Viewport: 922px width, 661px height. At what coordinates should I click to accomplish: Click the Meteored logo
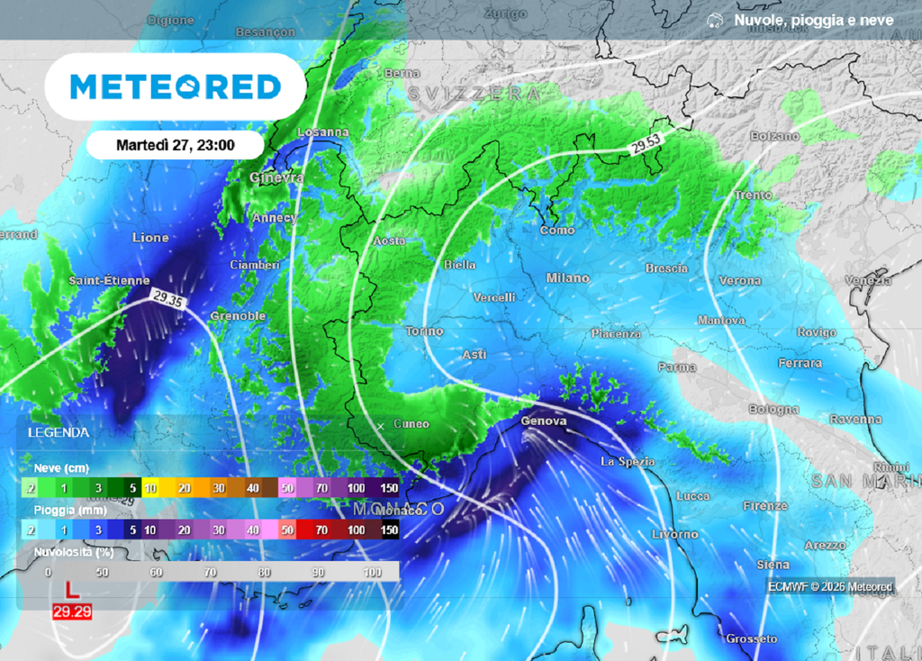pyautogui.click(x=176, y=86)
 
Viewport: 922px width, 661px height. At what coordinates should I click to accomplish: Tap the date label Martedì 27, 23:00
pyautogui.click(x=176, y=144)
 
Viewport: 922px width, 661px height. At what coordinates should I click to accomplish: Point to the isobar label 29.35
pyautogui.click(x=167, y=299)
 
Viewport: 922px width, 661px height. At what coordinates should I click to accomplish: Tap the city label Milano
pyautogui.click(x=568, y=278)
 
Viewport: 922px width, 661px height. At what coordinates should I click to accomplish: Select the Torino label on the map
pyautogui.click(x=424, y=331)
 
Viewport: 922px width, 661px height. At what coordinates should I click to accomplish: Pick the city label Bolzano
pyautogui.click(x=774, y=136)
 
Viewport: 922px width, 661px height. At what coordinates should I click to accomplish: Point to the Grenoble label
pyautogui.click(x=238, y=316)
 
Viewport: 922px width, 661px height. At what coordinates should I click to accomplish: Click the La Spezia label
pyautogui.click(x=628, y=462)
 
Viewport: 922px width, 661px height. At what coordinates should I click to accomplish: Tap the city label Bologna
pyautogui.click(x=773, y=410)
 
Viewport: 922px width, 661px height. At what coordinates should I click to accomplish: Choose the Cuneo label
pyautogui.click(x=411, y=424)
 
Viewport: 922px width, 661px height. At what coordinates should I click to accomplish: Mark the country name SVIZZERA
pyautogui.click(x=474, y=94)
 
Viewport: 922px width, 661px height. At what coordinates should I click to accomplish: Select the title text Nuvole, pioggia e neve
pyautogui.click(x=813, y=20)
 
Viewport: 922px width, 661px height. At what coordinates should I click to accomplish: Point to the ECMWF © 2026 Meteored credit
pyautogui.click(x=830, y=587)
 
